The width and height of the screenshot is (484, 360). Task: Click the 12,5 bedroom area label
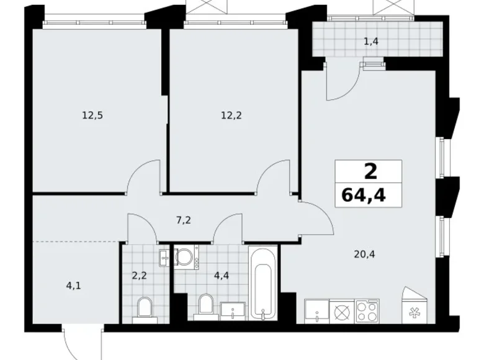pyautogui.click(x=91, y=114)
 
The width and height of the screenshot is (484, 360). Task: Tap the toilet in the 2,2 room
pyautogui.click(x=144, y=307)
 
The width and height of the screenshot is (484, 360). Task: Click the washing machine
pyautogui.click(x=184, y=258)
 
